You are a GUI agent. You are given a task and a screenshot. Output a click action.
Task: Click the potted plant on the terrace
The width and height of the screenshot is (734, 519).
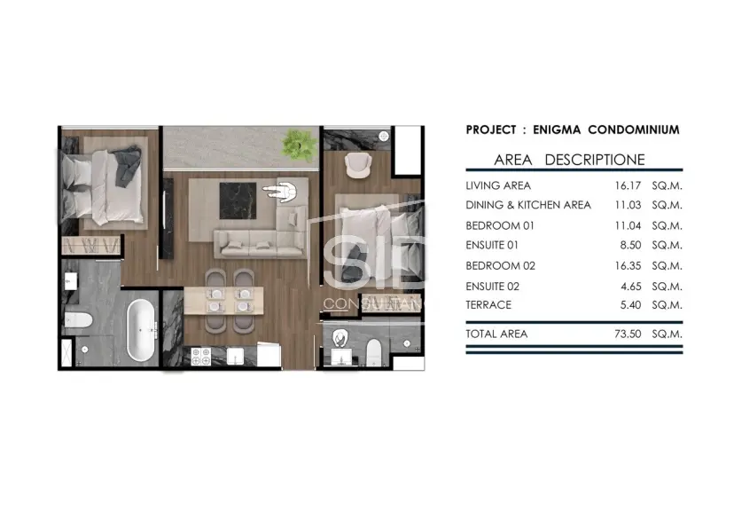pos(298,144)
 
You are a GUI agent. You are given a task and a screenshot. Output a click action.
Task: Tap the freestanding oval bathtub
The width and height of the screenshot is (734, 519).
pos(141,330)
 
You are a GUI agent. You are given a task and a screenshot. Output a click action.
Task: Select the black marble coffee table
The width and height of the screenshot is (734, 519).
pos(238,201)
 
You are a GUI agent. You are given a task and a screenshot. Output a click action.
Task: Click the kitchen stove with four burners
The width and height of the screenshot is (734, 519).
pos(201,356)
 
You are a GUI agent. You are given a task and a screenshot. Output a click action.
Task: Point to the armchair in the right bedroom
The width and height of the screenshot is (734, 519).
pos(358,165)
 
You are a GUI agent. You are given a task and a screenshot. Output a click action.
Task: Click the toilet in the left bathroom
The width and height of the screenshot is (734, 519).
pos(79,320)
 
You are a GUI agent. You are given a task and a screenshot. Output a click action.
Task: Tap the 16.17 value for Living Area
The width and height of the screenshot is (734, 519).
pos(628,185)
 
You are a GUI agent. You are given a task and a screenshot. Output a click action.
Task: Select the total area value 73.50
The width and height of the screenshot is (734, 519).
pos(628,334)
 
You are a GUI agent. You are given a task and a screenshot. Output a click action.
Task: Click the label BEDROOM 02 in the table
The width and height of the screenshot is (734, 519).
pos(500,266)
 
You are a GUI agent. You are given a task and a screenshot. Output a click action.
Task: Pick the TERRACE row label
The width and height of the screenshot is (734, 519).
pos(488,305)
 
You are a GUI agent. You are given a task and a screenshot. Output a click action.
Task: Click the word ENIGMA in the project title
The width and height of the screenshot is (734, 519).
pos(557,130)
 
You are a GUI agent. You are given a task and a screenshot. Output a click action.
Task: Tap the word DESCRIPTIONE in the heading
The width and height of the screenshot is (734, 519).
pos(595,160)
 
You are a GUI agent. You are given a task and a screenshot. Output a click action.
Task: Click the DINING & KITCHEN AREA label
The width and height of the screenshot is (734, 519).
pos(528,205)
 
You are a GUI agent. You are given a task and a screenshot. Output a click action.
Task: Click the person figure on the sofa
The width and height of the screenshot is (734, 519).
pos(282,192)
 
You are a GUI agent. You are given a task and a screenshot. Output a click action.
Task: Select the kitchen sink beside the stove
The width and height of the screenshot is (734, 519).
pos(235,356)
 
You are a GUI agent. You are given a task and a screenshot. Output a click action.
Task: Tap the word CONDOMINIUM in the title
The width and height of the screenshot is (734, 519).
pos(634,130)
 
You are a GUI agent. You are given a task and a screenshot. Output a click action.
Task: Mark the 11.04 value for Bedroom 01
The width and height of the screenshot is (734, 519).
pos(628,225)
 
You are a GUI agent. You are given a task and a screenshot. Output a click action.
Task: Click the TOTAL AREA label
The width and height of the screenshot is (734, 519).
pos(496,334)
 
